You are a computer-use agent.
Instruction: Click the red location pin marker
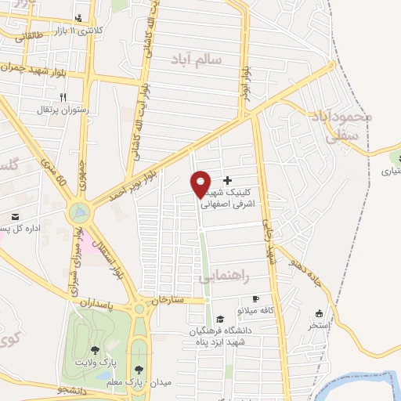(x=201, y=183)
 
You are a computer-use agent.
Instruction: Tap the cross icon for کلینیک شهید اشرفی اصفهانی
(x=228, y=181)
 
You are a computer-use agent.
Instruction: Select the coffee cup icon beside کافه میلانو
(x=255, y=299)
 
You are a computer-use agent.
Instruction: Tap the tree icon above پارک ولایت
(x=96, y=351)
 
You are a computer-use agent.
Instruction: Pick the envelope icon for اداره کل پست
(x=14, y=217)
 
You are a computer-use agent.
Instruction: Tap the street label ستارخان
(x=167, y=300)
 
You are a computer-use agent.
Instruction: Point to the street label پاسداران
(x=102, y=302)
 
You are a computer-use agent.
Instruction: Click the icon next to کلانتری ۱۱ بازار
(x=78, y=19)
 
